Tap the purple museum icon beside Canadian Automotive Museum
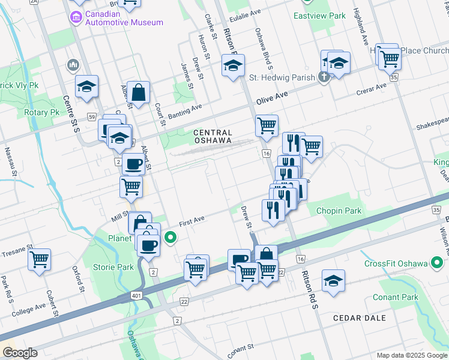(77, 17)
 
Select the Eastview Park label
(319, 16)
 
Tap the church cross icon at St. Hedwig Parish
(324, 76)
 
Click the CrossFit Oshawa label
(396, 264)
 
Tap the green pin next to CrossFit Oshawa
(439, 263)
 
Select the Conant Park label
(394, 297)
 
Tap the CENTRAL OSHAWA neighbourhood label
(212, 136)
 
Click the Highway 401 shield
(137, 298)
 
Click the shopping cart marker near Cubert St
(40, 260)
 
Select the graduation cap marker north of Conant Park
(333, 281)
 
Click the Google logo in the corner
(20, 353)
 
